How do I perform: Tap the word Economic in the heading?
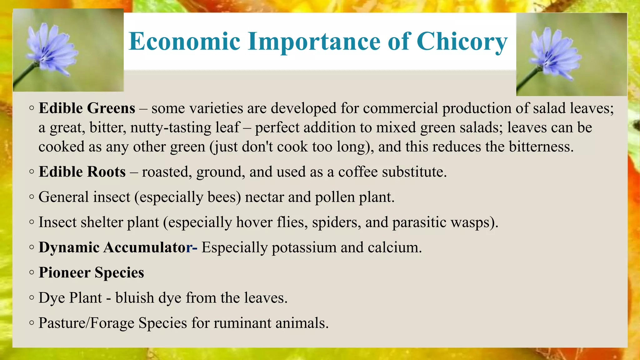pos(185,42)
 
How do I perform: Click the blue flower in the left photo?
pos(50,50)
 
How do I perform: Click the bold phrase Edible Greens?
pos(87,108)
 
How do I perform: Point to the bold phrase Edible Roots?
pos(82,172)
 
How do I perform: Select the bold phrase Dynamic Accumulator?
pos(116,247)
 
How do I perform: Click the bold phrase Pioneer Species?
pos(91,272)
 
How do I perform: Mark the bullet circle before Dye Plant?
pos(32,298)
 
